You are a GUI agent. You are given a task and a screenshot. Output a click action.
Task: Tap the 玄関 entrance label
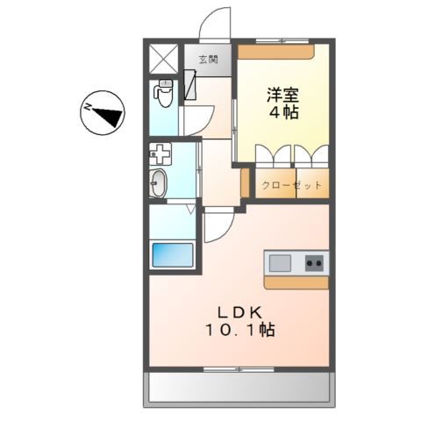point(208,60)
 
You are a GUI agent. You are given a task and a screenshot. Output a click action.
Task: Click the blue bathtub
point(172,255)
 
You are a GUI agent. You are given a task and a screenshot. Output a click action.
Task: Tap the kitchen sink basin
point(280,261)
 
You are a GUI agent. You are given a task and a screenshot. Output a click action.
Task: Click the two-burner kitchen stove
point(314,261)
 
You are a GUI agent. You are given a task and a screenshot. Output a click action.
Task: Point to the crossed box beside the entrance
point(164,58)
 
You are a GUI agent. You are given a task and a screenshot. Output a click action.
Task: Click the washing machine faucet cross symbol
point(161,155)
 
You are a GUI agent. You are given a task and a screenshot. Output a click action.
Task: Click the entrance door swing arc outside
point(215,24)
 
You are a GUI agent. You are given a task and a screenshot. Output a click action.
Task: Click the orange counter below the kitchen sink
point(296,282)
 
